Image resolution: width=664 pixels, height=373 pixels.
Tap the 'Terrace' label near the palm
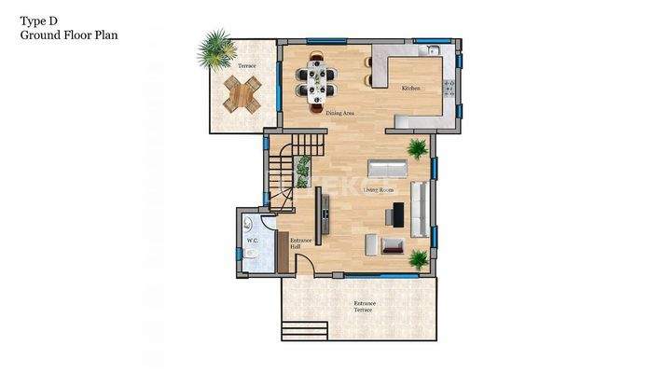click(245, 66)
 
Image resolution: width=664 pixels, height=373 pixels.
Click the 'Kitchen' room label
click(410, 88)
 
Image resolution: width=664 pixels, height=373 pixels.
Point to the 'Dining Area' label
click(339, 113)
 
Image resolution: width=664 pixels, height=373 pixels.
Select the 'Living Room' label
click(378, 189)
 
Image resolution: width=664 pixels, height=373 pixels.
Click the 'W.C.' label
click(252, 242)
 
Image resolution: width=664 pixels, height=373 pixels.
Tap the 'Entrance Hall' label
click(301, 243)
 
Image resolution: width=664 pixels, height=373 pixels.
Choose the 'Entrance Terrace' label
click(363, 306)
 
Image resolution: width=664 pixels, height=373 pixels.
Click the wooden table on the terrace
click(243, 91)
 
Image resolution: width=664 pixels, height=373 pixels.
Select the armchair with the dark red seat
click(393, 245)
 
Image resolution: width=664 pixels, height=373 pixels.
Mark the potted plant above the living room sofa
click(416, 148)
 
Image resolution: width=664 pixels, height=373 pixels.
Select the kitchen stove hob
click(449, 88)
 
